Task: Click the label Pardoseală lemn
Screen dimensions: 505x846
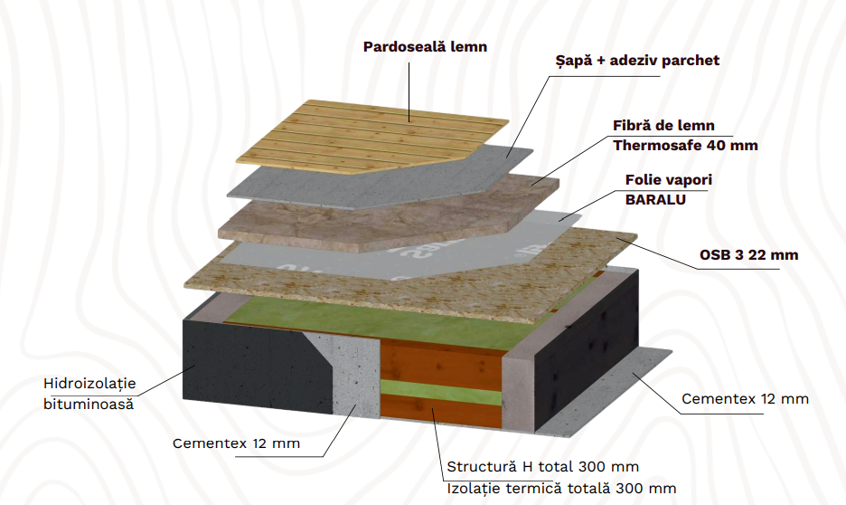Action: pyautogui.click(x=425, y=46)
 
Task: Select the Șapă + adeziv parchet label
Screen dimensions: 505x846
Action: pyautogui.click(x=637, y=61)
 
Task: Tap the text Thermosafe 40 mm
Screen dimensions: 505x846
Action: pyautogui.click(x=685, y=145)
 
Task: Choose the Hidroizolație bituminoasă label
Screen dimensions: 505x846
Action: pyautogui.click(x=89, y=393)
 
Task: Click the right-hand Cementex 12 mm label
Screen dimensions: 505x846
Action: pyautogui.click(x=745, y=398)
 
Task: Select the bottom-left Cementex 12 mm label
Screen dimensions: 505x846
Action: pyautogui.click(x=236, y=443)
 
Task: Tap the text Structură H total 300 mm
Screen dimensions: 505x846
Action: pyautogui.click(x=543, y=467)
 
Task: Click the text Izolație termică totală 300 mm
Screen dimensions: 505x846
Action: pyautogui.click(x=561, y=489)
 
